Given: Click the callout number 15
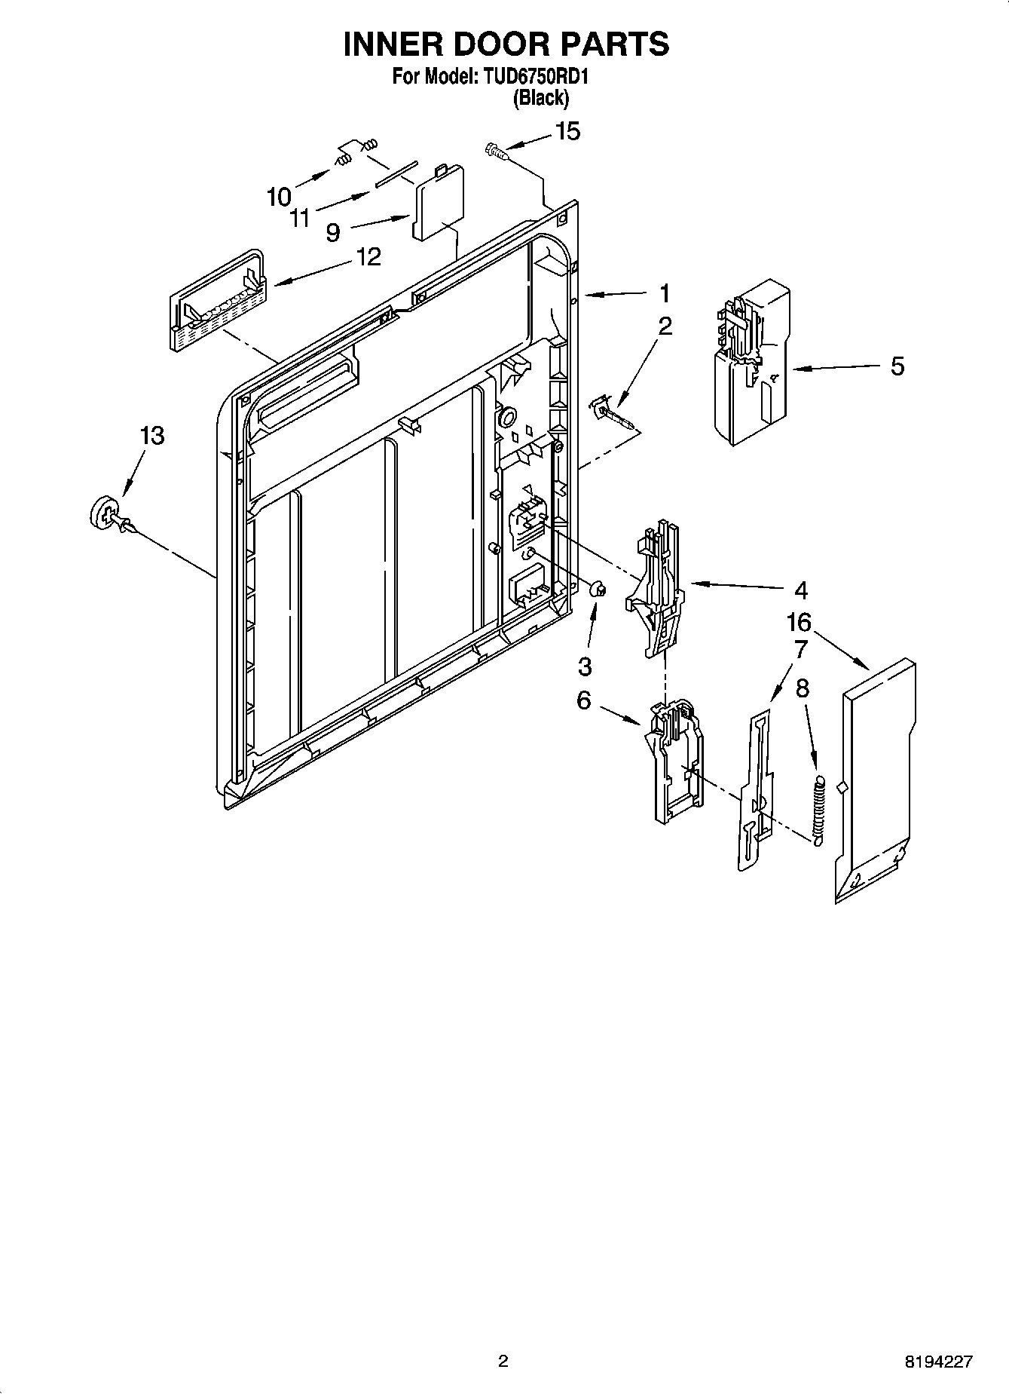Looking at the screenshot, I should point(567,131).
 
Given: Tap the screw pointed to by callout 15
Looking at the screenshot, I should point(494,151).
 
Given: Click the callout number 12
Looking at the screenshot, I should point(368,257).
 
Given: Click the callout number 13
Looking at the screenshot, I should point(152,435).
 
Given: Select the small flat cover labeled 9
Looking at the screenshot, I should point(437,201).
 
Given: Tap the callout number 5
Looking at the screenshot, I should point(897,366).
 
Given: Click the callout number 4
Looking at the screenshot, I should point(800,590).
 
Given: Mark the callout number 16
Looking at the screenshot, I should point(799,623).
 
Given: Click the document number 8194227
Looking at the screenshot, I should point(938,1362).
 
